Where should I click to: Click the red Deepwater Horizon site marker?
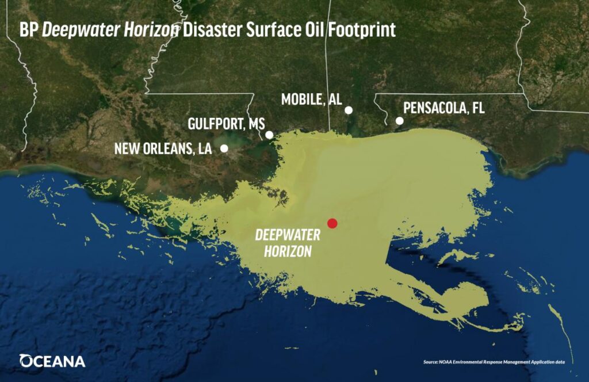click(332, 223)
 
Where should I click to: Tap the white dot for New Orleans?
click(224, 148)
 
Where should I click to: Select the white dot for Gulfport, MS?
click(269, 135)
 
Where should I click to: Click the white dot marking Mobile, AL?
click(349, 110)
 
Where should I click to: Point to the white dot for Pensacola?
click(399, 121)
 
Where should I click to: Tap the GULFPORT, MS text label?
click(226, 124)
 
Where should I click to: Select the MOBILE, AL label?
click(311, 100)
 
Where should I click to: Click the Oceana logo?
click(52, 361)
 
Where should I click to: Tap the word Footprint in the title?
click(366, 30)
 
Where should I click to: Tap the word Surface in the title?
click(270, 30)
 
